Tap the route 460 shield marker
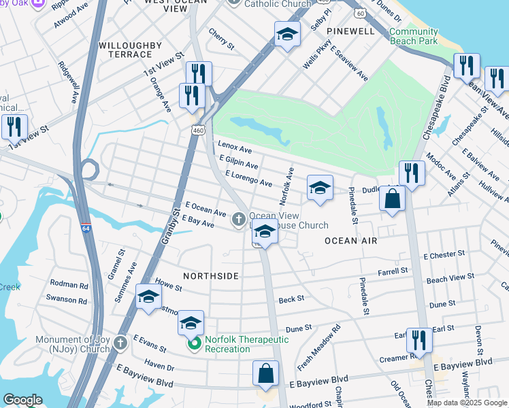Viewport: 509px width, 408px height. (x=198, y=129)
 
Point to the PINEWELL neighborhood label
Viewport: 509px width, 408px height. (x=350, y=32)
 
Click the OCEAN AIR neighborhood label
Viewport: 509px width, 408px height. (x=350, y=241)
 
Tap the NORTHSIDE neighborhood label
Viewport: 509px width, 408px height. (x=211, y=276)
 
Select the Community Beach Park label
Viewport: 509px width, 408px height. (x=414, y=36)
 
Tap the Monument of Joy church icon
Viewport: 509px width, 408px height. (x=120, y=341)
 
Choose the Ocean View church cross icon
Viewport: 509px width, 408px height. (x=238, y=219)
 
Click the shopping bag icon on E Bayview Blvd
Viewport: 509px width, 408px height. (x=265, y=373)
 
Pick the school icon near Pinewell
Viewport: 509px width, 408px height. (x=287, y=34)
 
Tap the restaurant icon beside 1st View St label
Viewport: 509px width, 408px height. (x=14, y=126)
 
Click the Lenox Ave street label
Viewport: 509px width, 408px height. (x=235, y=147)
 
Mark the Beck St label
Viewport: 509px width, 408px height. (x=291, y=299)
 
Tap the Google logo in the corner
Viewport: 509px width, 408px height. (x=22, y=400)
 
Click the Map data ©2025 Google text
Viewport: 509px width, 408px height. (x=467, y=403)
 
